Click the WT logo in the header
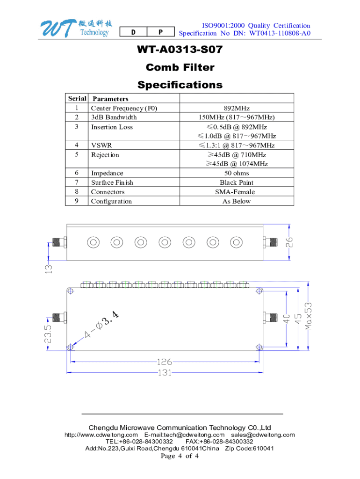75,29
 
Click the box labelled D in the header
133,32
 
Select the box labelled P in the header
160,32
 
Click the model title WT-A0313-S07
180,50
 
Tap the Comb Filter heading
180,67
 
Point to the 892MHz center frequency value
237,108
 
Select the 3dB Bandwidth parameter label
114,117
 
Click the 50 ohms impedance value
237,173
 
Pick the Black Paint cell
237,182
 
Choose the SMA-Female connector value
237,192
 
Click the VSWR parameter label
101,145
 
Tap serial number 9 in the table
76,201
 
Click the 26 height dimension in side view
290,242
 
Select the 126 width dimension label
164,362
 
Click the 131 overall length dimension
164,373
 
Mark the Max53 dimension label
309,315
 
